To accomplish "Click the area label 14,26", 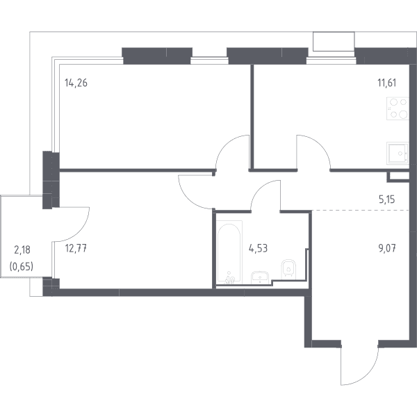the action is pyautogui.click(x=76, y=83).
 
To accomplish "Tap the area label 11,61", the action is pyautogui.click(x=387, y=83).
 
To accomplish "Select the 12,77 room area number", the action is pyautogui.click(x=76, y=249).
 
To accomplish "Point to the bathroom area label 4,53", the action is pyautogui.click(x=258, y=249).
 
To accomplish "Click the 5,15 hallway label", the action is pyautogui.click(x=387, y=199).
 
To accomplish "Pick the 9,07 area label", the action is pyautogui.click(x=387, y=249).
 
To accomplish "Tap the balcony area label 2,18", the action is pyautogui.click(x=22, y=250).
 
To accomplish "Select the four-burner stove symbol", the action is pyautogui.click(x=398, y=108).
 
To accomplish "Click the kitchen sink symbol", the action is pyautogui.click(x=398, y=153).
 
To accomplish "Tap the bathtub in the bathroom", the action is pyautogui.click(x=229, y=252).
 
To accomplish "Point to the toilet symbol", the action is pyautogui.click(x=288, y=269).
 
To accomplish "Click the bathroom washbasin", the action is pyautogui.click(x=260, y=277).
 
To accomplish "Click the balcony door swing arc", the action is pyautogui.click(x=79, y=232).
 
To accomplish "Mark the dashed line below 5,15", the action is pyautogui.click(x=360, y=210).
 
